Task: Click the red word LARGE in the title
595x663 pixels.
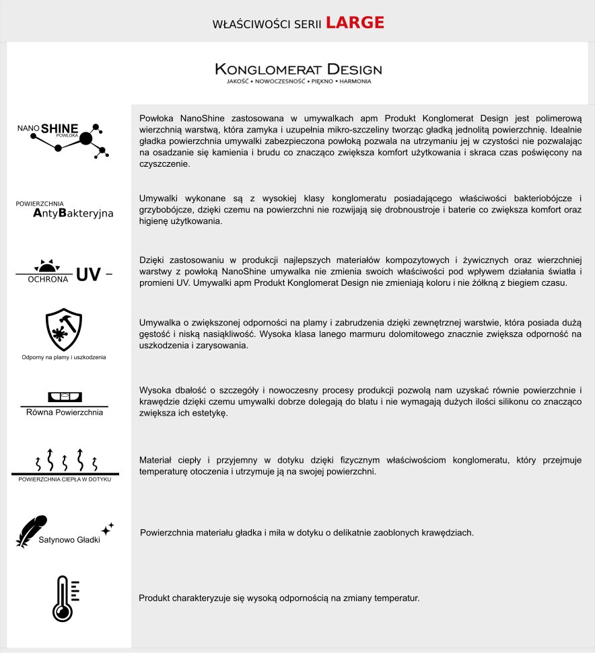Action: coord(355,23)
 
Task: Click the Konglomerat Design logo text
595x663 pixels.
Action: coord(298,69)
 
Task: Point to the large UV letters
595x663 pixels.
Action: coord(88,274)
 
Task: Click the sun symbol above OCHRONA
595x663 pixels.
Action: coord(46,266)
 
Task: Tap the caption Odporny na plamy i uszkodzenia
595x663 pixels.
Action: coord(64,357)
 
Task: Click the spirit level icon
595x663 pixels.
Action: coord(65,397)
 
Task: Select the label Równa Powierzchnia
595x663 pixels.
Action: coord(65,412)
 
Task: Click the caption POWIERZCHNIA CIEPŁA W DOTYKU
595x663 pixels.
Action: coord(65,479)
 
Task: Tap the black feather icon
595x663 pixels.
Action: coord(31,530)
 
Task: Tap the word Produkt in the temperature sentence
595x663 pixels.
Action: coord(154,598)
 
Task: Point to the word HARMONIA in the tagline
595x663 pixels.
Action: coord(355,81)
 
